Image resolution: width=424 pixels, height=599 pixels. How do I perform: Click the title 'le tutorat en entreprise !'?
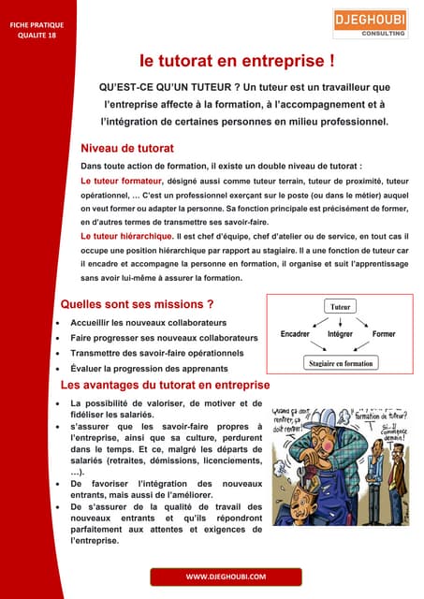pyautogui.click(x=237, y=62)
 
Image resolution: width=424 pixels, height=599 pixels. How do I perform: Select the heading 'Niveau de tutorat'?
pyautogui.click(x=127, y=148)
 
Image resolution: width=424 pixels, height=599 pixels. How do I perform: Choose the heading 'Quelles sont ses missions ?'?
pyautogui.click(x=137, y=304)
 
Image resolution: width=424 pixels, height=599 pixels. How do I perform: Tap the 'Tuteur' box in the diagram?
pyautogui.click(x=340, y=306)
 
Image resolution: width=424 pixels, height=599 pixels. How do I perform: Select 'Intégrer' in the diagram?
pyautogui.click(x=340, y=334)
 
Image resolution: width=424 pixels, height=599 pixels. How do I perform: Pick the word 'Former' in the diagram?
pyautogui.click(x=384, y=334)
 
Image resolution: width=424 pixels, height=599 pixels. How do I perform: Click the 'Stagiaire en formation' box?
pyautogui.click(x=340, y=363)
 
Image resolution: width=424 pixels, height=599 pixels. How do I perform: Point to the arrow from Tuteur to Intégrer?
pyautogui.click(x=340, y=320)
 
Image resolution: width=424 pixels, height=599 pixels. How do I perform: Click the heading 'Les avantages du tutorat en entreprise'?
pyautogui.click(x=165, y=386)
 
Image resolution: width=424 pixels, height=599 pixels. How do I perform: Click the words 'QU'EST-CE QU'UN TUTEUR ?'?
pyautogui.click(x=172, y=87)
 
